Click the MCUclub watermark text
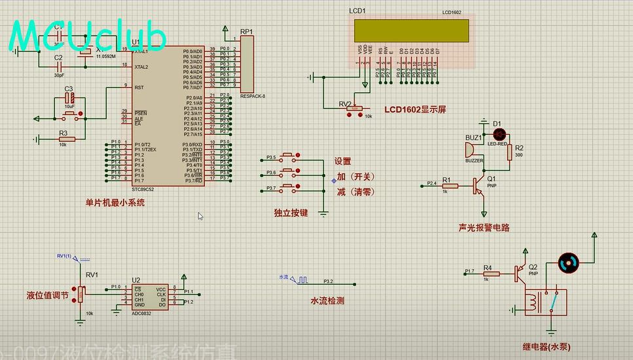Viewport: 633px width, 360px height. click(x=88, y=36)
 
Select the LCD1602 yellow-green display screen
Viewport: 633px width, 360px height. click(x=411, y=30)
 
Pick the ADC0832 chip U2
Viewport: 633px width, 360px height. click(x=149, y=296)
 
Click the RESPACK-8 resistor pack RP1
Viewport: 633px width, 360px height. click(x=247, y=63)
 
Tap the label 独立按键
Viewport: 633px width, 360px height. click(x=291, y=213)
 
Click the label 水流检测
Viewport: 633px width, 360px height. click(x=327, y=301)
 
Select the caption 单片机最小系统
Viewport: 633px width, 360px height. click(x=115, y=203)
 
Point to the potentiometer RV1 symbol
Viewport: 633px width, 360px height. click(x=81, y=295)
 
